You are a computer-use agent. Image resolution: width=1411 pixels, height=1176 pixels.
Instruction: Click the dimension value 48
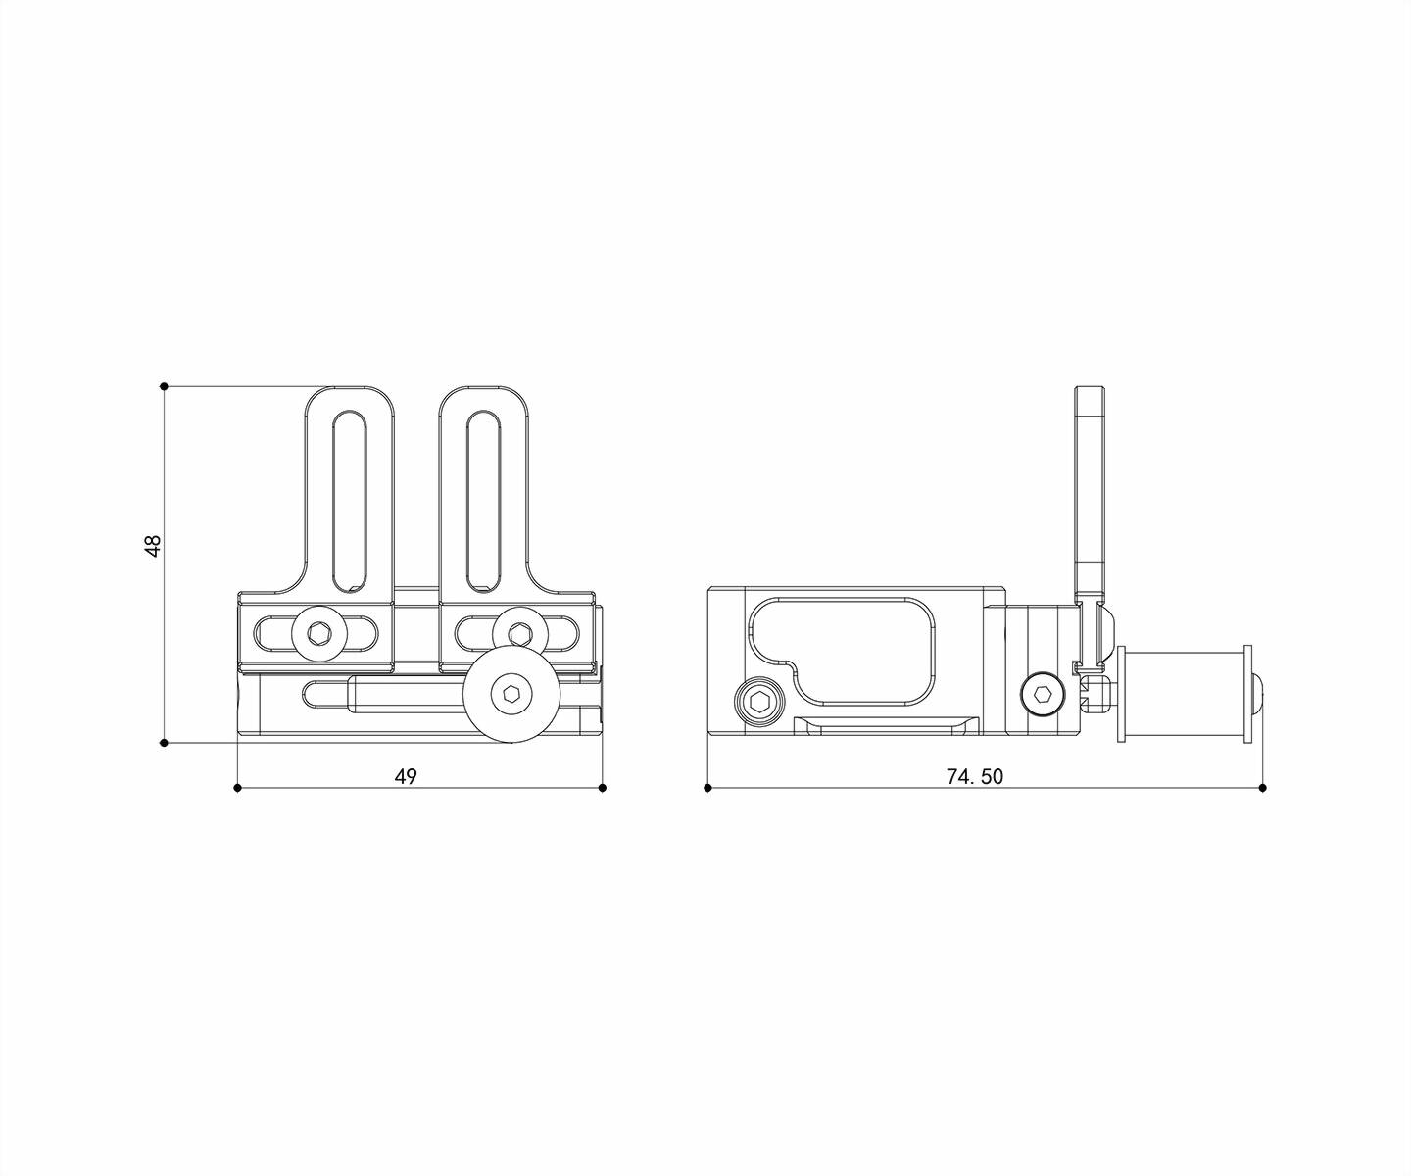[154, 546]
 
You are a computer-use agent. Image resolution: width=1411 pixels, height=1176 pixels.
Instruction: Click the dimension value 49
[406, 777]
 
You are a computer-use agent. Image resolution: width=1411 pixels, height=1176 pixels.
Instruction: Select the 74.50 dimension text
[975, 777]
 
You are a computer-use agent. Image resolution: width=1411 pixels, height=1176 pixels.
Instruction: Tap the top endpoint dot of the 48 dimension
[164, 386]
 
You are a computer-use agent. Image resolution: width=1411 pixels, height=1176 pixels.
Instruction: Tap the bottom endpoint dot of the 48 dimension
[164, 743]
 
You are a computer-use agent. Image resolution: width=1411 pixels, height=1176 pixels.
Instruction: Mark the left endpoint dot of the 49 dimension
[237, 787]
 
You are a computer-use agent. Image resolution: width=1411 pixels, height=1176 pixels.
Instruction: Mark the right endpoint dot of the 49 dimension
[603, 787]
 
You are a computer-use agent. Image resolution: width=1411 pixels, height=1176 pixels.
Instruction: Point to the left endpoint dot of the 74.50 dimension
[707, 787]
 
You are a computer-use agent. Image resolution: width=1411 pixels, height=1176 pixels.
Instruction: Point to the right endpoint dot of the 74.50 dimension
[1263, 787]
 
